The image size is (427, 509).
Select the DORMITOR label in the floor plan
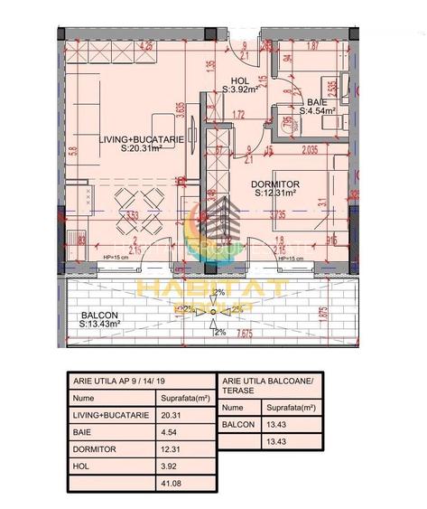point(275,184)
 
